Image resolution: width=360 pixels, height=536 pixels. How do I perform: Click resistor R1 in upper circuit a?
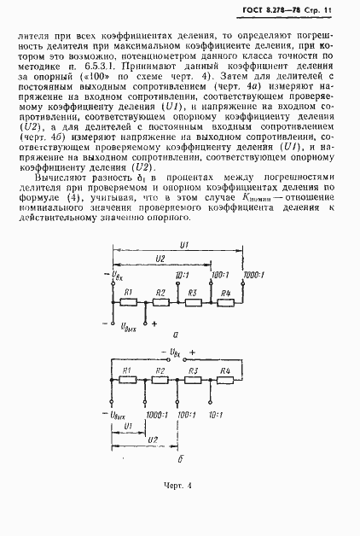(x=130, y=300)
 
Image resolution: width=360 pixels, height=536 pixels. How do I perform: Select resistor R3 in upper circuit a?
(x=194, y=300)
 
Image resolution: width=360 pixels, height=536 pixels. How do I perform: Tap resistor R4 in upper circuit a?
(x=225, y=300)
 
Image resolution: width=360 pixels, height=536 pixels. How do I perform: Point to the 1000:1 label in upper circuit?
(x=253, y=276)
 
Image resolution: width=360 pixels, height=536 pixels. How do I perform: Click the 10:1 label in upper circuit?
(x=182, y=276)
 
